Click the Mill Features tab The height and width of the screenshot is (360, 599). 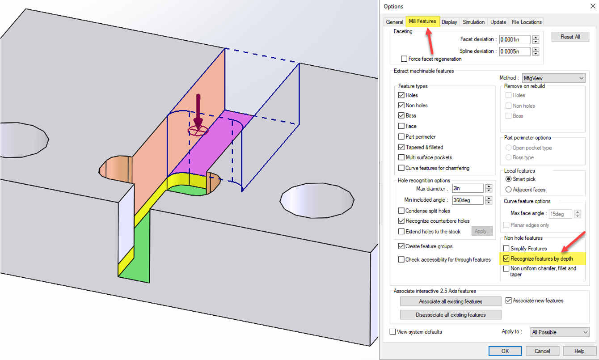[422, 21]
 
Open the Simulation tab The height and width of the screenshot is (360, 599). [473, 22]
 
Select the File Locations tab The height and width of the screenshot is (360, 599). [527, 22]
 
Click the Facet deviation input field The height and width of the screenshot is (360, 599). [515, 39]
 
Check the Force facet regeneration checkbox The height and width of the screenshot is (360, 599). [404, 59]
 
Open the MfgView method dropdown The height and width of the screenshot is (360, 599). [554, 78]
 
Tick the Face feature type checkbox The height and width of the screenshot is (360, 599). [401, 126]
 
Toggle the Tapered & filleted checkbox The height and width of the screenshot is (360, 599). [401, 147]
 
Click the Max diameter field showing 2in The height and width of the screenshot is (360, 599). [468, 189]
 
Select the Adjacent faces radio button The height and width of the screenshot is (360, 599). [508, 190]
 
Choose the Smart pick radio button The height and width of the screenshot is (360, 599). [508, 179]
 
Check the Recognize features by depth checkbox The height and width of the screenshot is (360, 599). [506, 258]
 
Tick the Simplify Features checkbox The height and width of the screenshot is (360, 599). [506, 248]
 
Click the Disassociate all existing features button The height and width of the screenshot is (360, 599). [451, 315]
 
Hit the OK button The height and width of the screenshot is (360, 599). [505, 351]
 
